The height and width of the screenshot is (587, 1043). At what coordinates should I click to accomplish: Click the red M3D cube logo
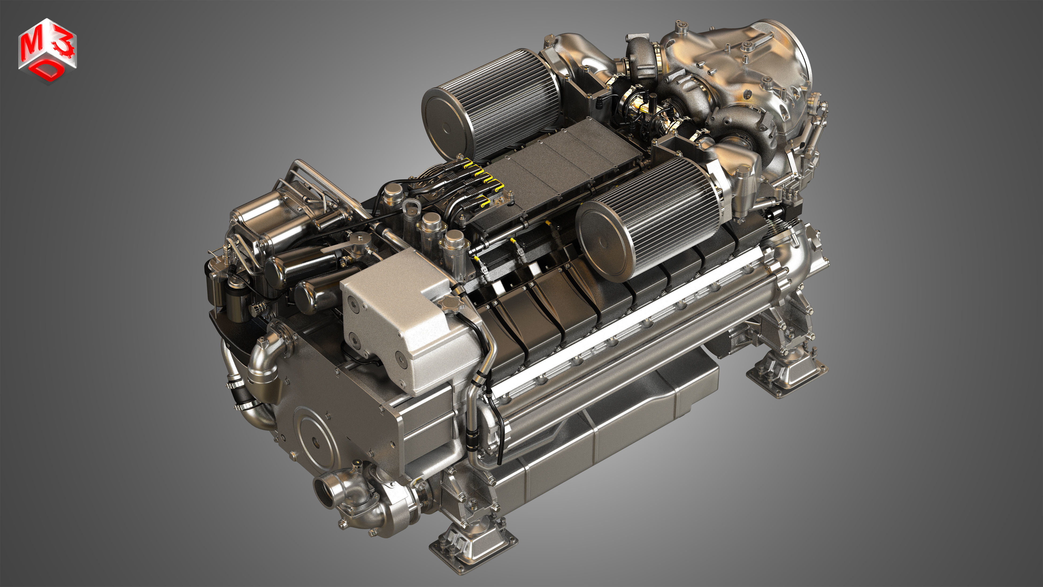pyautogui.click(x=47, y=51)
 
